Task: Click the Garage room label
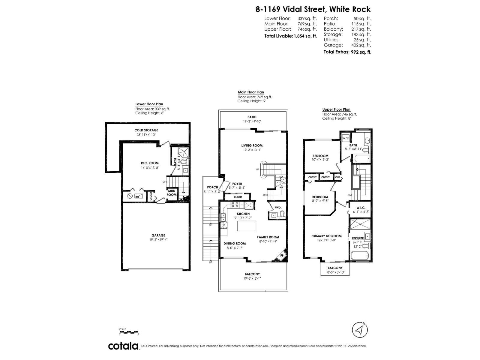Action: [x=158, y=235]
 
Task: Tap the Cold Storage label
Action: [x=146, y=130]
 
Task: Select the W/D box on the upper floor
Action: [x=346, y=138]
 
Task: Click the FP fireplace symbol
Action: [x=282, y=256]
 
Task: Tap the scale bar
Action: [x=129, y=332]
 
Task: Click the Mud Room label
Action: [x=172, y=193]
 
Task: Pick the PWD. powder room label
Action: [x=278, y=207]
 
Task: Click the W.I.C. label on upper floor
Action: [x=360, y=208]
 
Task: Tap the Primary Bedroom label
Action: [x=326, y=236]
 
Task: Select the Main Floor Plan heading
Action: [x=251, y=92]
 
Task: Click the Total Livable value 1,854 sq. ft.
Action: [x=305, y=36]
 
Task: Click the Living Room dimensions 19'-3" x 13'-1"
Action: [x=252, y=150]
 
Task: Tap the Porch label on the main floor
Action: [x=212, y=187]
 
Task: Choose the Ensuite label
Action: [x=358, y=238]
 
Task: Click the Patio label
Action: [x=252, y=117]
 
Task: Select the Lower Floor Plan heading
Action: [x=149, y=104]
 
